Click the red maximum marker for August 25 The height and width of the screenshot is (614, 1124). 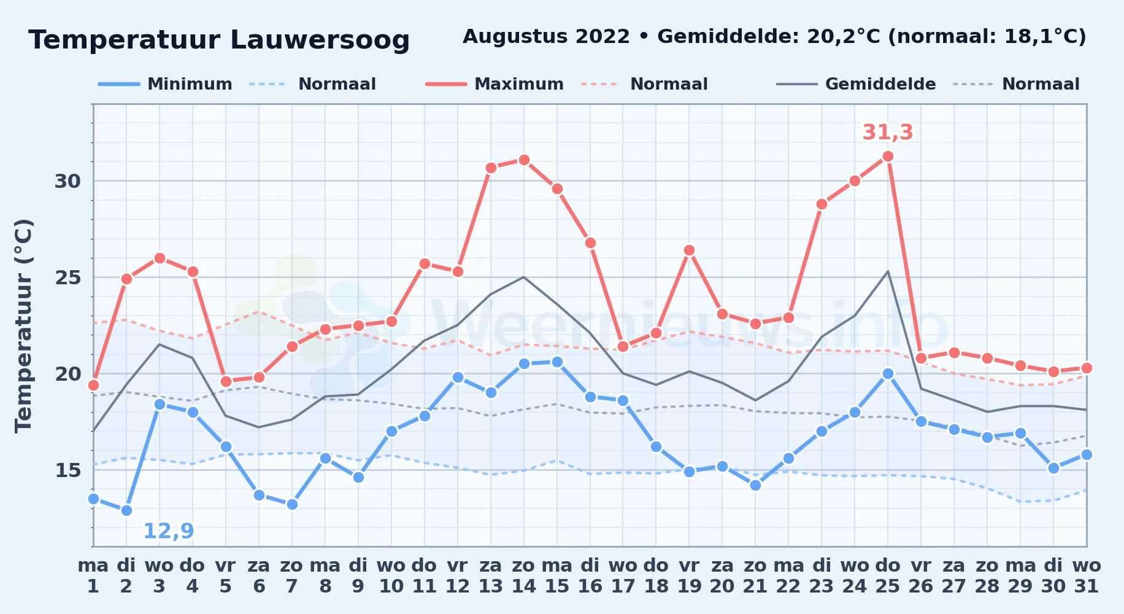tap(888, 156)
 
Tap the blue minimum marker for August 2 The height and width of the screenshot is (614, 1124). tap(126, 510)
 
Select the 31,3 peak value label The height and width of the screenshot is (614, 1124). tap(888, 132)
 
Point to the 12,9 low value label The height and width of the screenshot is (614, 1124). tap(169, 531)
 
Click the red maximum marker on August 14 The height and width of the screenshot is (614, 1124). tap(524, 160)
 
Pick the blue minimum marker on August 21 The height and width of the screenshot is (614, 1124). tap(755, 485)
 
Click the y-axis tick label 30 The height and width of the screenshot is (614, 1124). tap(67, 181)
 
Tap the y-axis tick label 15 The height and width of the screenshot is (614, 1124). tap(67, 470)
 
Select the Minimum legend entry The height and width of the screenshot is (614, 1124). tap(165, 84)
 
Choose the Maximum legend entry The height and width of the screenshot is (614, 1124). tap(495, 84)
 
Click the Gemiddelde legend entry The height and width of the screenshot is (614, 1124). tap(856, 84)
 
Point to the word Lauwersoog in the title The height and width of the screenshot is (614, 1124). tap(320, 40)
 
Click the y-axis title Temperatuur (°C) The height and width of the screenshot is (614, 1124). tap(23, 325)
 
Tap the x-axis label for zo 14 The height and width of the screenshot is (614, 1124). tap(524, 576)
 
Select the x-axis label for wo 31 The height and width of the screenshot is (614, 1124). tap(1087, 576)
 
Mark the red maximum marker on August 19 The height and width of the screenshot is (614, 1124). tap(689, 250)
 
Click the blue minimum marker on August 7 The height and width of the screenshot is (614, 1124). tap(292, 504)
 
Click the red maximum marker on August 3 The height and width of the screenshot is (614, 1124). tap(160, 258)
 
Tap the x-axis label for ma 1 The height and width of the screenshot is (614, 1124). tap(93, 576)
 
